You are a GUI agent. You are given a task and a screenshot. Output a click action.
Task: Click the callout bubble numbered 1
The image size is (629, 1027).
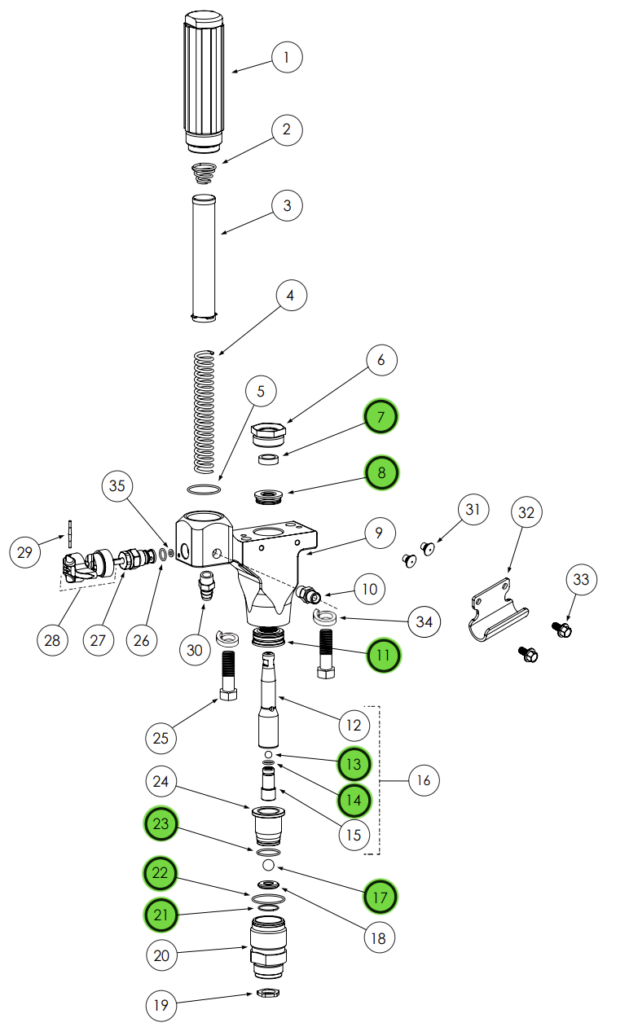[287, 57]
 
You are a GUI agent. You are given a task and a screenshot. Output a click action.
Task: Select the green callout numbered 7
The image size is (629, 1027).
[380, 417]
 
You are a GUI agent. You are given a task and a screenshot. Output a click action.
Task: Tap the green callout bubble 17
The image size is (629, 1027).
[380, 897]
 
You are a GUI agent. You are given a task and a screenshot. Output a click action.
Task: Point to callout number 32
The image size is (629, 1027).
[527, 512]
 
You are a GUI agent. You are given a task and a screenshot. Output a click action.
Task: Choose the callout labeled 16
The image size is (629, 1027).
[424, 780]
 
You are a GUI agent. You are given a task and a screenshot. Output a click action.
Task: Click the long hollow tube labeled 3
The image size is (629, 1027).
[204, 257]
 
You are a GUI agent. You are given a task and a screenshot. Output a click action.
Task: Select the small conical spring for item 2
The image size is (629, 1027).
[205, 172]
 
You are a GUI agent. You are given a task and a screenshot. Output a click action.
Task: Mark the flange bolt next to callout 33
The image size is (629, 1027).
[562, 629]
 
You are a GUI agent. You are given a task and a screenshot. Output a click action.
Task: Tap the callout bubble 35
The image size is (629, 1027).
[117, 486]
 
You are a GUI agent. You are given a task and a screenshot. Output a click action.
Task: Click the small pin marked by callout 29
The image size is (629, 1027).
[71, 534]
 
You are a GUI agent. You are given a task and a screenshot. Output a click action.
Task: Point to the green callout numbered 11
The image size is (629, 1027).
[384, 654]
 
